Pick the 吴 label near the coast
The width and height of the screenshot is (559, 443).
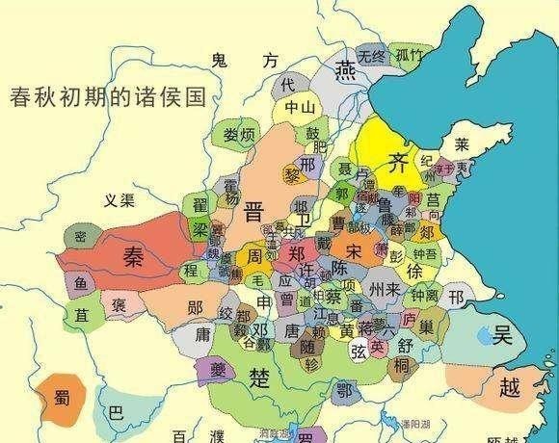[502, 335]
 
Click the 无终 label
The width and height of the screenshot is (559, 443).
[371, 54]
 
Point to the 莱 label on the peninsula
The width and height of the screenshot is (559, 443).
[463, 146]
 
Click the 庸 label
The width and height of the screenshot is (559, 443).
[204, 334]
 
